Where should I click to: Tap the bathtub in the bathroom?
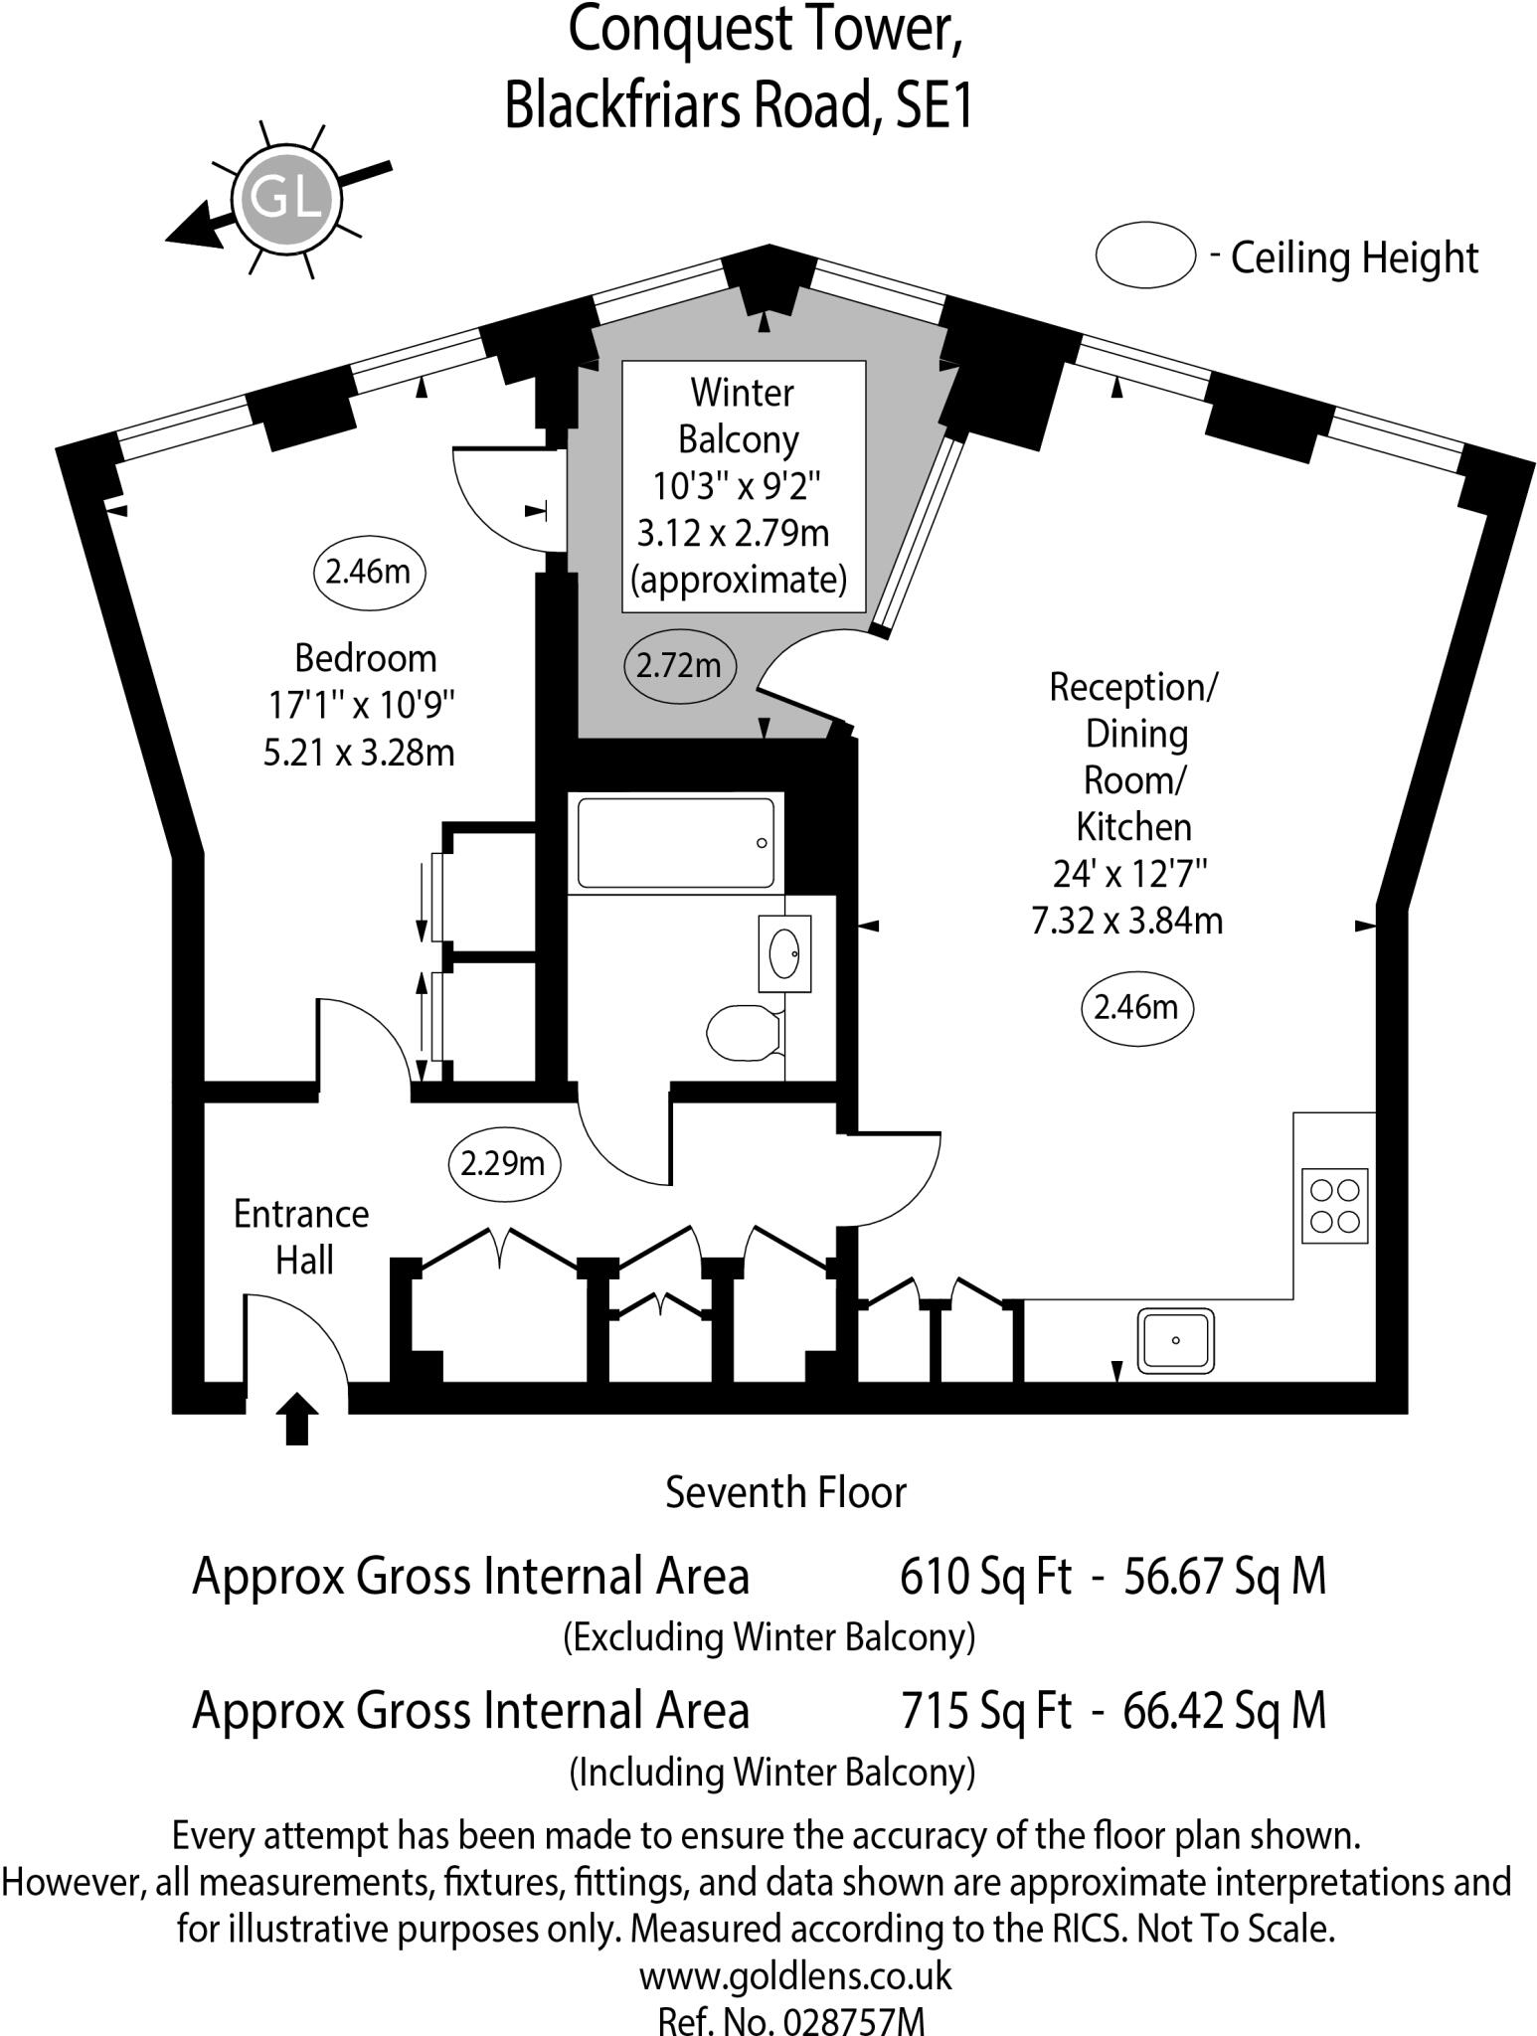click(675, 842)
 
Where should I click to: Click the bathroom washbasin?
click(784, 953)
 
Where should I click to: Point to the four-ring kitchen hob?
click(1334, 1205)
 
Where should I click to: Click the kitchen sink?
click(1176, 1339)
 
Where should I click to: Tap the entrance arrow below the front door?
click(297, 1419)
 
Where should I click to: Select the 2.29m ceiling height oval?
click(504, 1162)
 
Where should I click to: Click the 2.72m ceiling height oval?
click(679, 664)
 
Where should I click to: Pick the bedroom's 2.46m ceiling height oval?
click(369, 572)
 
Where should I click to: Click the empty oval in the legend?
click(1144, 255)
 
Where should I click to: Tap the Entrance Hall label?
click(301, 1237)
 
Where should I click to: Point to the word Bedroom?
click(365, 658)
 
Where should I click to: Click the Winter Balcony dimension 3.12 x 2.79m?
click(733, 534)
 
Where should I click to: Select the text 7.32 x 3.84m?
click(1126, 922)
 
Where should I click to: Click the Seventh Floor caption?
click(785, 1492)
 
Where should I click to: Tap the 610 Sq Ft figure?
click(985, 1577)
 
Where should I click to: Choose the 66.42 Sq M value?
click(1224, 1710)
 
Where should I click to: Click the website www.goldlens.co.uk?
click(795, 1975)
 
